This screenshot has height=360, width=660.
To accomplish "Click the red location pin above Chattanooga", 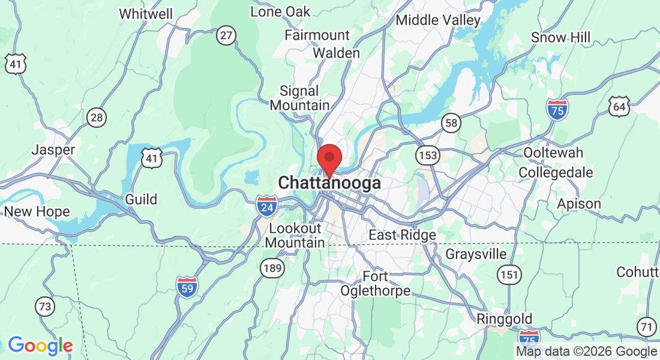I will pos(329,158).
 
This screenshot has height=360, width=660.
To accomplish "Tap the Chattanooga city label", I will pos(329,182).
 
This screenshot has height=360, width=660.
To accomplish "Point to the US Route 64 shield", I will pos(619,107).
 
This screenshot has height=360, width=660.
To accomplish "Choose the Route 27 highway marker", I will pos(226,36).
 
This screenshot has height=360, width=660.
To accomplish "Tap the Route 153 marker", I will pos(428,155).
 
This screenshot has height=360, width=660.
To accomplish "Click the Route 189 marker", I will pos(272,268).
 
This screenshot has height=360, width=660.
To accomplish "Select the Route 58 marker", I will pos(451,123).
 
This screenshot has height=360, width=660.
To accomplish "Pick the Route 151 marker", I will pos(509,274).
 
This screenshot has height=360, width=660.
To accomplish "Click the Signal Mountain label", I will pos(299,98).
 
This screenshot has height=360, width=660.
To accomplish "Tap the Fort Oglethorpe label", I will pos(376,284).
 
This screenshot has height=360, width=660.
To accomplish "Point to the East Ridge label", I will pos(402,235).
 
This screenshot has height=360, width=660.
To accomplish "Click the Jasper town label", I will pos(53,149).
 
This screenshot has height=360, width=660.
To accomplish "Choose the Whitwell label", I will pos(146,14).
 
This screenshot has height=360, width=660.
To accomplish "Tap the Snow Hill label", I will pos(560,38).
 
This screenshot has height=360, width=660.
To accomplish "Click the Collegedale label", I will pos(556,173).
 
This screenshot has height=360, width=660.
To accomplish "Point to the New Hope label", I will pos(37,212).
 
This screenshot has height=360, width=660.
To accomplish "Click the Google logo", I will pos(40,346).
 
